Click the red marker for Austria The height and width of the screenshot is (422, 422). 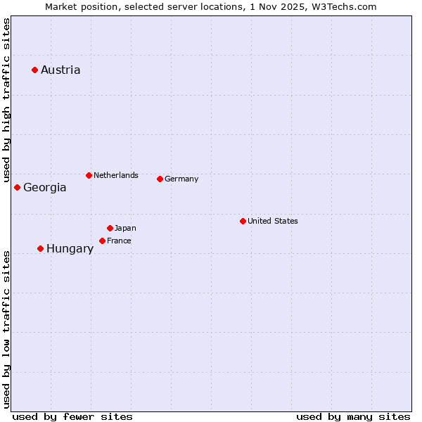click(34, 70)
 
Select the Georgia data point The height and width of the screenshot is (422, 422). click(17, 187)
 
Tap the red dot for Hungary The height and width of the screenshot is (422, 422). click(40, 248)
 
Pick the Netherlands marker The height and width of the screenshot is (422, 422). click(89, 175)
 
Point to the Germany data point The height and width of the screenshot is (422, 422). click(160, 179)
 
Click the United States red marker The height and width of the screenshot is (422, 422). click(243, 221)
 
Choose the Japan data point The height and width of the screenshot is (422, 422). click(110, 228)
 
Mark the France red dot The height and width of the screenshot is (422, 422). click(102, 241)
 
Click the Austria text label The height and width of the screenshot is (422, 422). click(60, 70)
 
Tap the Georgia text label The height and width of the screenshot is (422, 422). click(45, 187)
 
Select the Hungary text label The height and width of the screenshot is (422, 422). click(70, 248)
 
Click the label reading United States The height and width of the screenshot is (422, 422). click(273, 221)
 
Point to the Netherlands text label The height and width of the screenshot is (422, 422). click(116, 175)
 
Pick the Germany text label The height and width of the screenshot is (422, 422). click(181, 179)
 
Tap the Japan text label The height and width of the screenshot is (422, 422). click(125, 228)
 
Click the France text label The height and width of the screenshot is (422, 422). click(119, 241)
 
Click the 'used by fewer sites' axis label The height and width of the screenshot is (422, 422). click(72, 416)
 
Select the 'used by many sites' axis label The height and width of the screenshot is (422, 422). click(353, 416)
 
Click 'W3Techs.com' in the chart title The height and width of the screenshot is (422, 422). click(343, 6)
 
